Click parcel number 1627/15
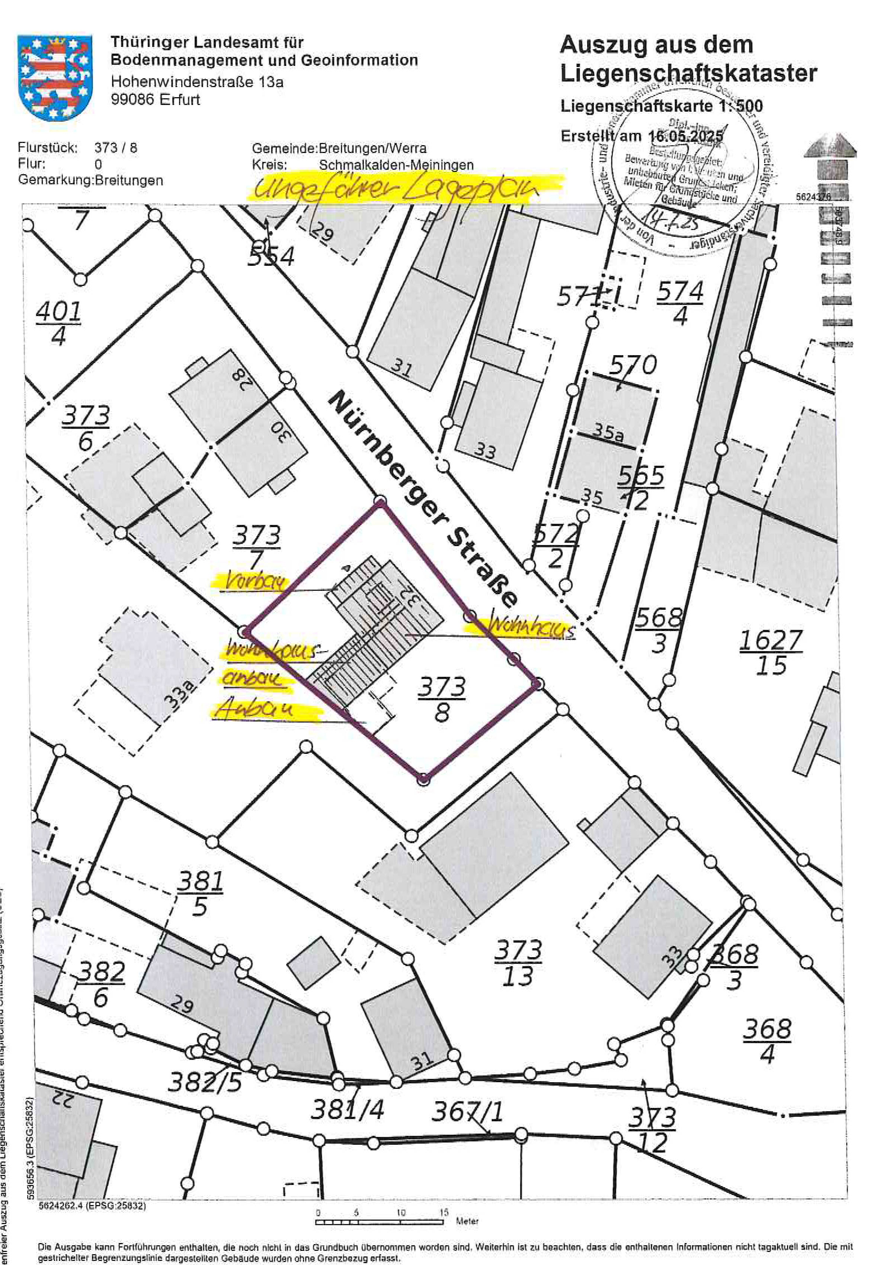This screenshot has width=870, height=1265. [771, 652]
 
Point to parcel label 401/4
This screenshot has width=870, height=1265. [58, 324]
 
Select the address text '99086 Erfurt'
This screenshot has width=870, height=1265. [156, 100]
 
